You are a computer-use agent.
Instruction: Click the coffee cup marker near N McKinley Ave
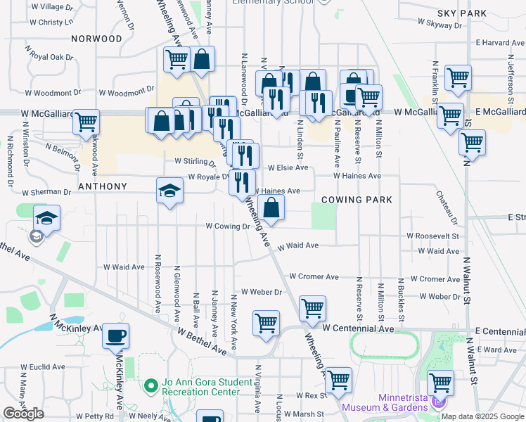tap(116, 335)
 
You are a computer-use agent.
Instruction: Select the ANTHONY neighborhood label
tap(103, 186)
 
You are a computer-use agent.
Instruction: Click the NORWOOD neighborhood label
tap(96, 39)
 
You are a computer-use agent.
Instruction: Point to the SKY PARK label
tap(461, 13)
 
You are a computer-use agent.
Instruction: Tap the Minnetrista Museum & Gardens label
tap(384, 402)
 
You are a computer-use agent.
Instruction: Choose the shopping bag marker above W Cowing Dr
tap(271, 207)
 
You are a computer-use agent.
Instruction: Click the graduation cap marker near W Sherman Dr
tap(169, 190)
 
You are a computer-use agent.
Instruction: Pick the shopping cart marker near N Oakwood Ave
tap(86, 122)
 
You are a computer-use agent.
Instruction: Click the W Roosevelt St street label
tap(432, 237)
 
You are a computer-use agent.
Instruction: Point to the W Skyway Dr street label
tap(440, 23)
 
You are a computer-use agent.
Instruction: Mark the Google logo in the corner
tap(23, 414)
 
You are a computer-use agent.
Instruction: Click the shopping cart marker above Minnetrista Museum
tap(440, 383)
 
